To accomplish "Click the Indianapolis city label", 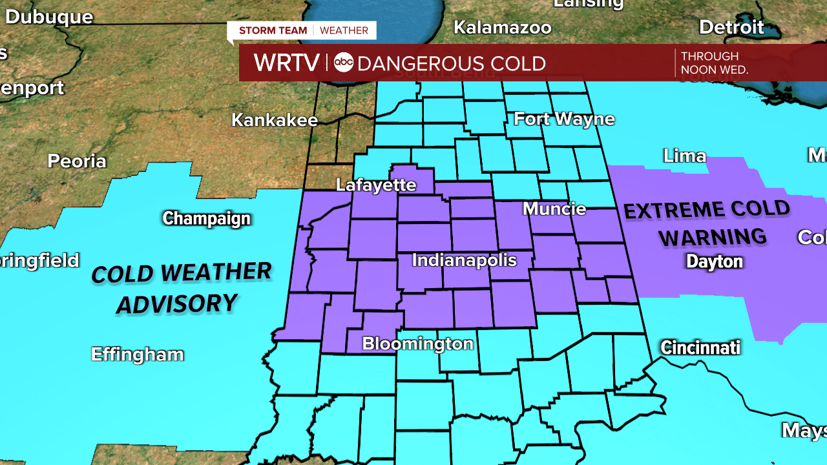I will point(464,260).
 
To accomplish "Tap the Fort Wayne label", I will point(564,119).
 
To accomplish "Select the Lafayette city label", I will point(376,185).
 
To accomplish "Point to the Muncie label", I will point(554,209).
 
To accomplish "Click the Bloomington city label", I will point(417,344).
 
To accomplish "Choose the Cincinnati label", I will point(700,348).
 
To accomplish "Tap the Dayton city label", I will point(714,262).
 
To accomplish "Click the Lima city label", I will point(685,156).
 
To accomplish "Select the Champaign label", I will point(206,219).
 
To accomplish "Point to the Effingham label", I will point(138,355).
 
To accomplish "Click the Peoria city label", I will point(77,161).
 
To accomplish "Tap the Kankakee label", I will point(275,120).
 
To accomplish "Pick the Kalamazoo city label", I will point(502,28).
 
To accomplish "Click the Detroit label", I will point(731,27).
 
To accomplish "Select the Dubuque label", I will point(49,17).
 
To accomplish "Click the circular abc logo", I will point(343,63).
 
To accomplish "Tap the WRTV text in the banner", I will point(286,63).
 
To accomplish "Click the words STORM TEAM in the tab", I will point(273,30).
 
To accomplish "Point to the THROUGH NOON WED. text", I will point(714,63).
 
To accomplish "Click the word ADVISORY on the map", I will point(176,304).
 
